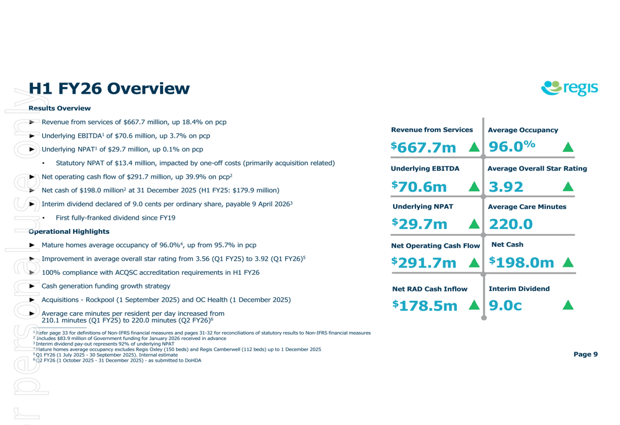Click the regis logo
569,89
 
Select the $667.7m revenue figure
424,148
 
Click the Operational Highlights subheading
69,231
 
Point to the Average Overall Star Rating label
538,168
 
